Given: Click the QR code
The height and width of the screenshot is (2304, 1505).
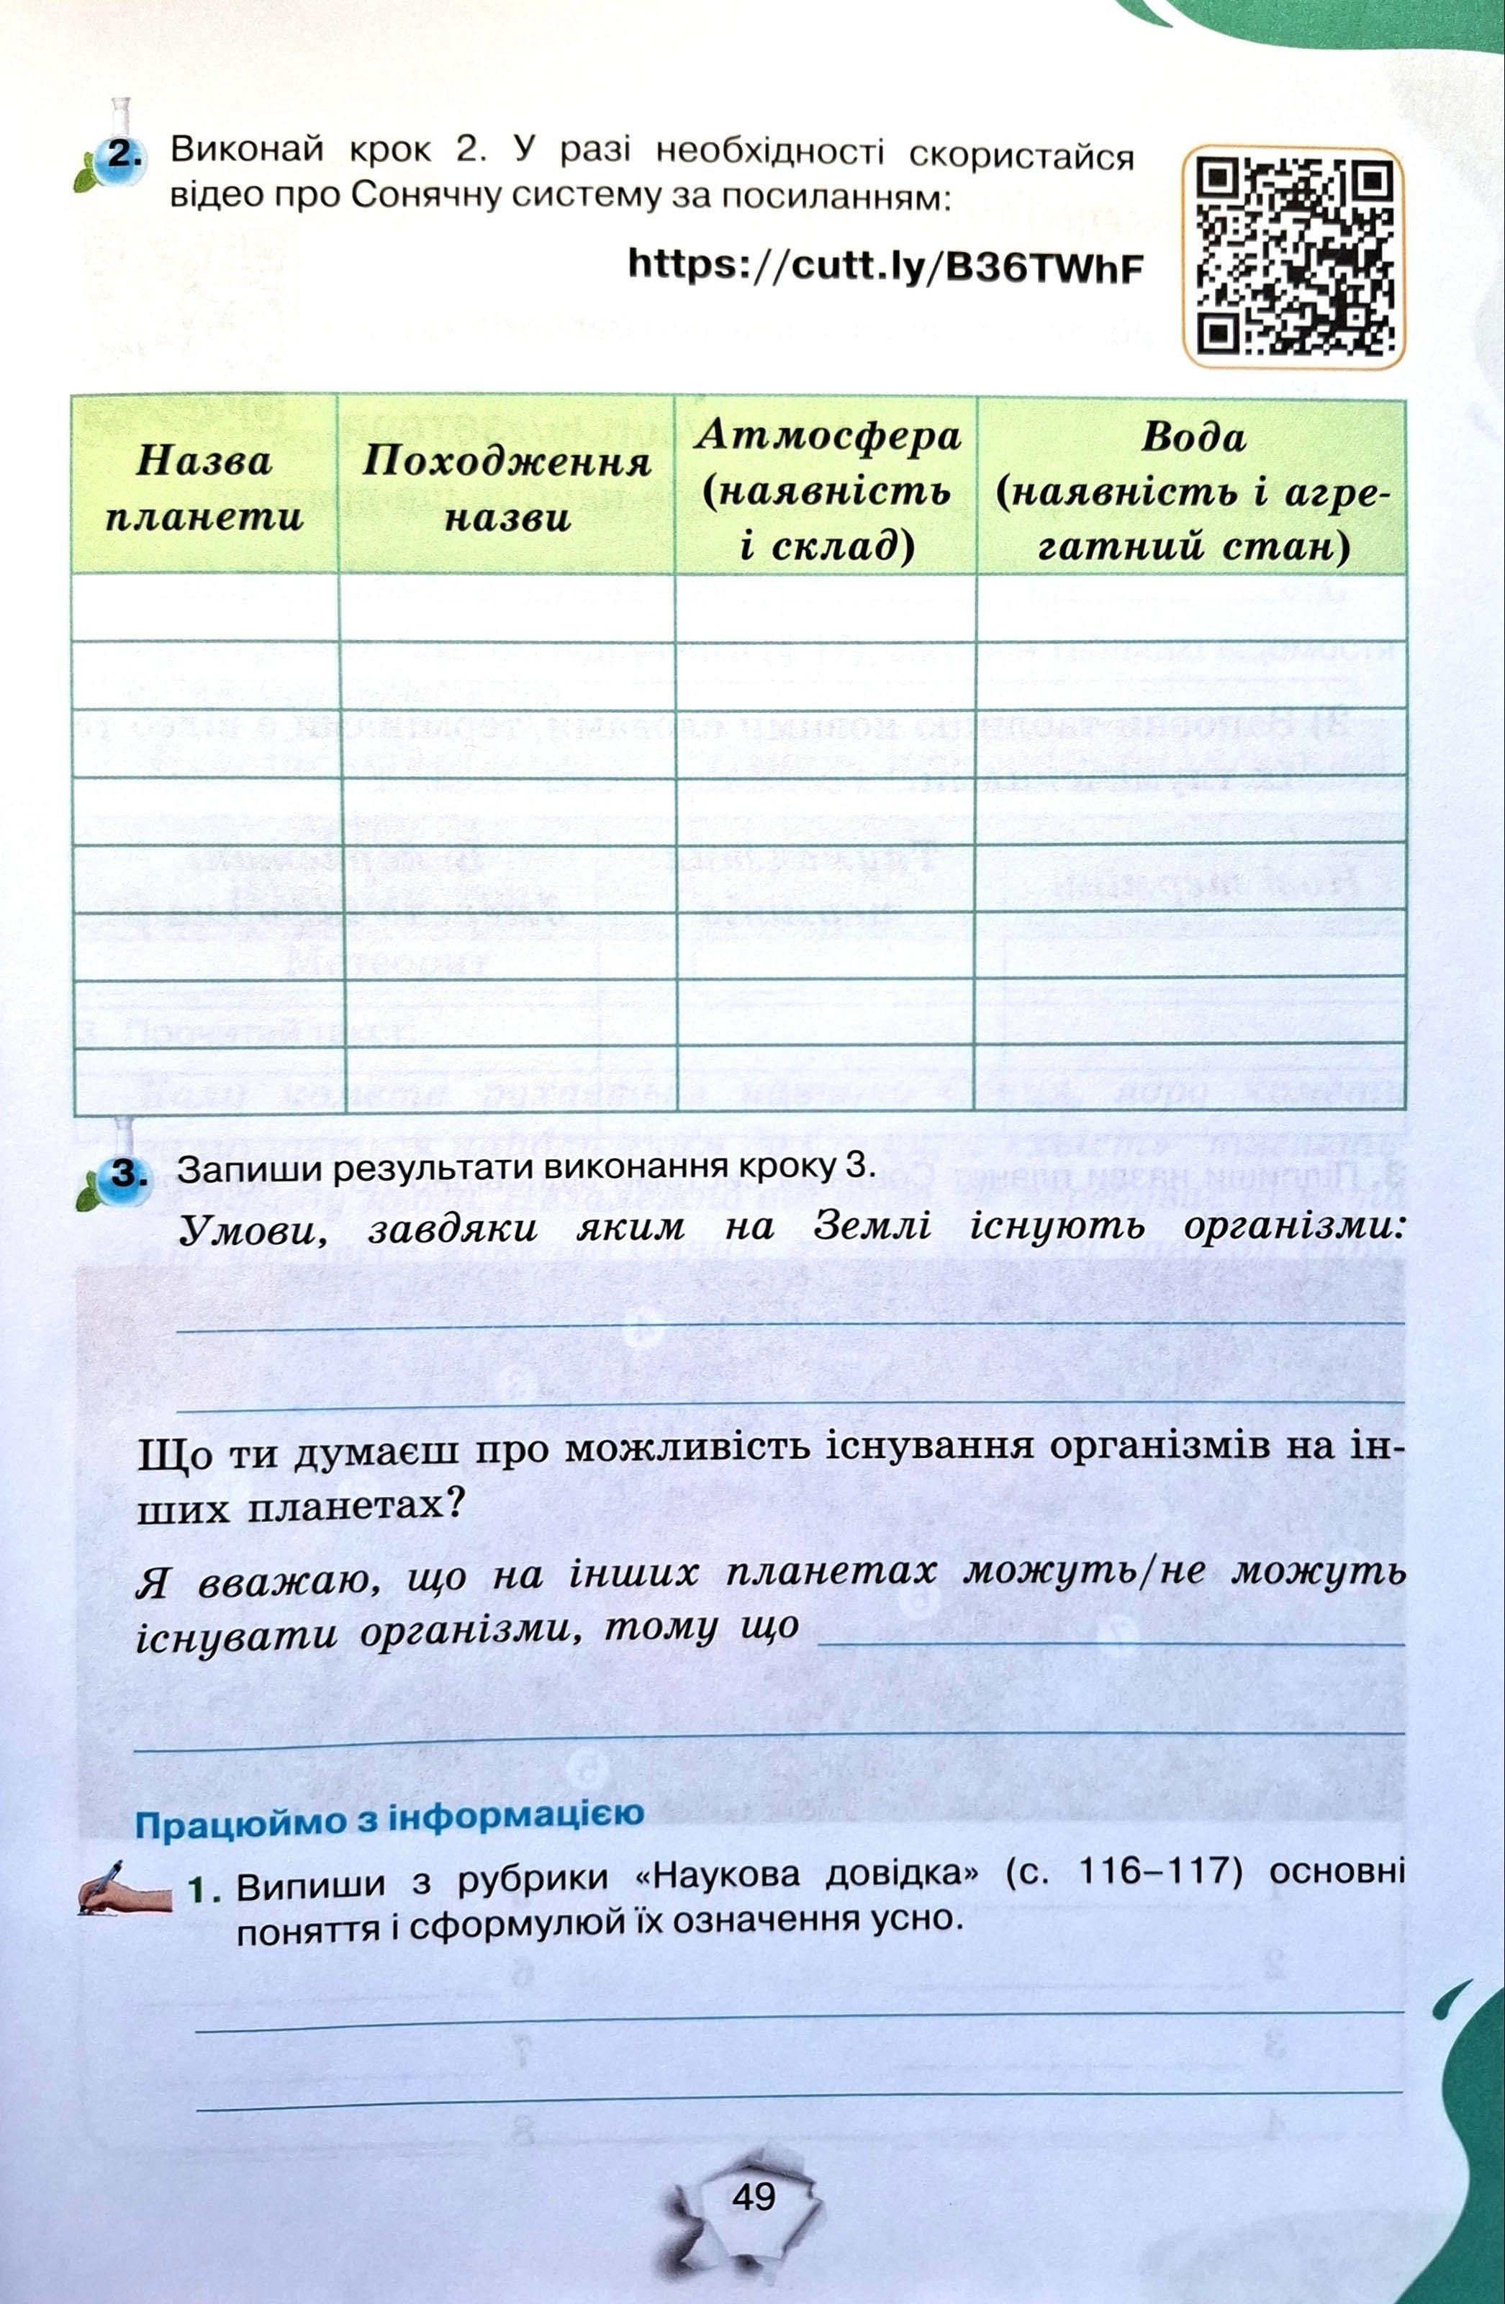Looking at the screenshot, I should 1294,258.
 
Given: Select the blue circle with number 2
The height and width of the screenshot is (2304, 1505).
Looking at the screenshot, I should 121,158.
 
